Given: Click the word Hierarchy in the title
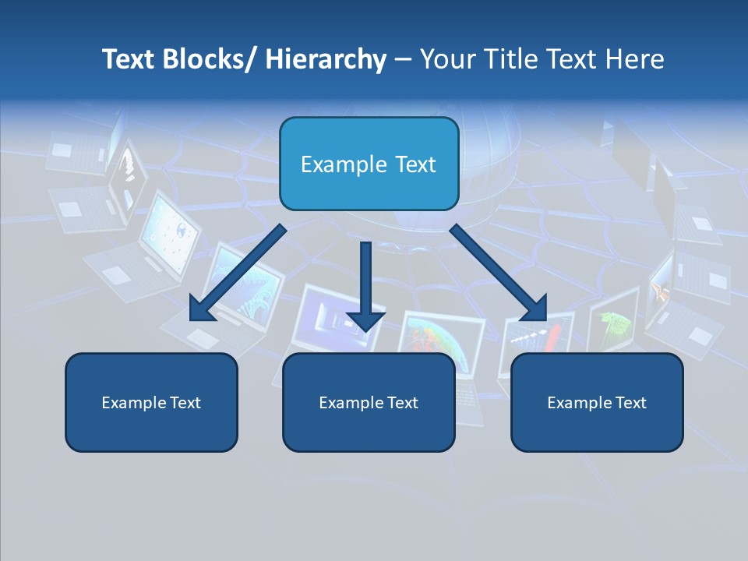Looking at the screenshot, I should tap(326, 59).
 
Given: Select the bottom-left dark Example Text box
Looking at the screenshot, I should tap(151, 429).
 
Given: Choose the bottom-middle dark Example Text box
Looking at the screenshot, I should tap(369, 429).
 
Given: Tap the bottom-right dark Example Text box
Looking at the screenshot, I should tap(597, 429).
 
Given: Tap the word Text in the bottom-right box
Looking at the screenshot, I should tap(630, 403).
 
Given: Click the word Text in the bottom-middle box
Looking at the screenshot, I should tap(401, 403).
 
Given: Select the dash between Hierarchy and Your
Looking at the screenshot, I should tap(402, 59).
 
